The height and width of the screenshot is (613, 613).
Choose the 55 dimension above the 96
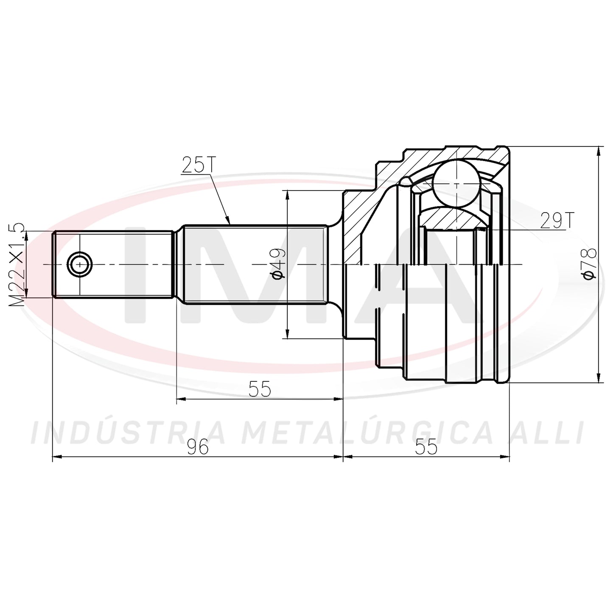click(260, 389)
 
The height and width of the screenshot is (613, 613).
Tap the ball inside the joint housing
click(456, 184)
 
